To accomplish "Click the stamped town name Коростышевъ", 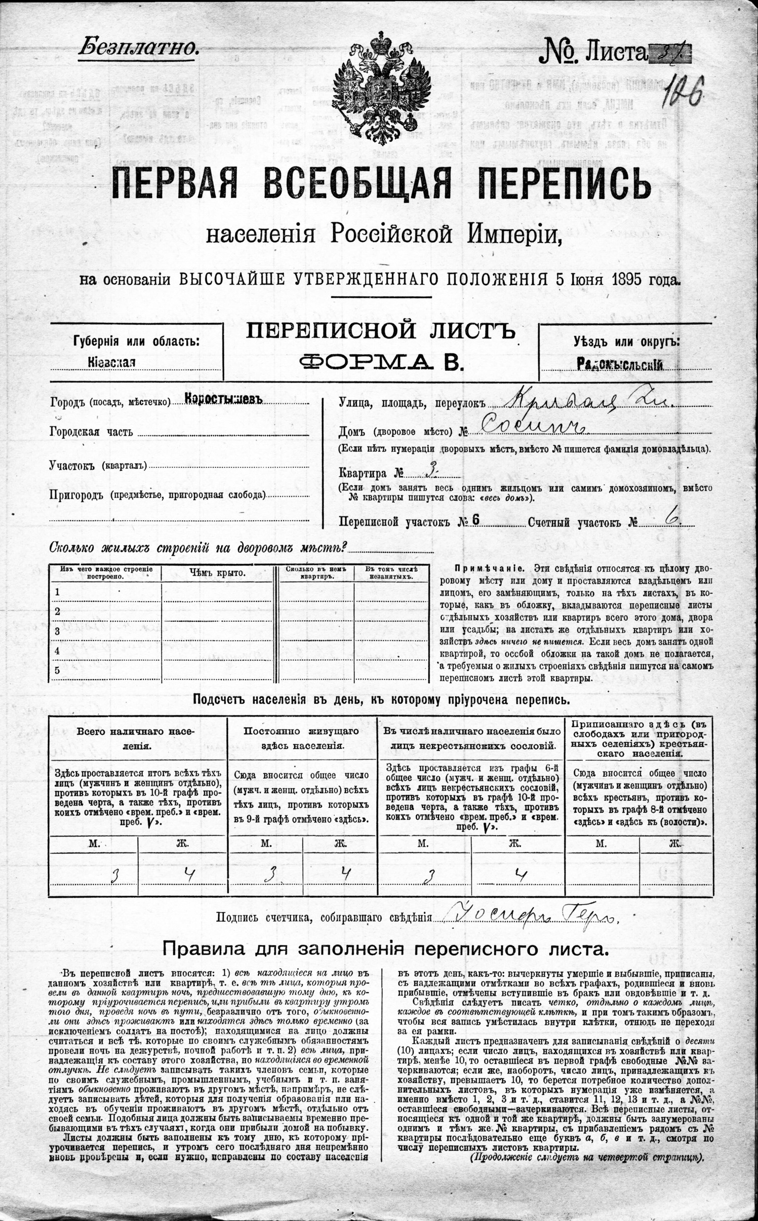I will pyautogui.click(x=223, y=398).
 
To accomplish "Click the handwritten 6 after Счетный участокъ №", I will pyautogui.click(x=670, y=519).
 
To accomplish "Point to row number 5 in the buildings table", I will pyautogui.click(x=57, y=670).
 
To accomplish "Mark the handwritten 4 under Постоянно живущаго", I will pyautogui.click(x=344, y=873).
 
